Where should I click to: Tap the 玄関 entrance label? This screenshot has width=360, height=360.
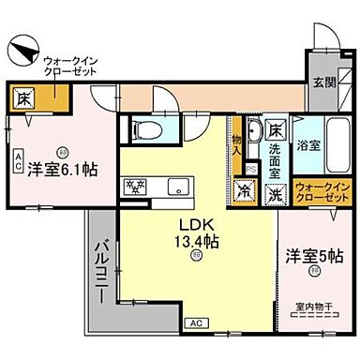coord(323,82)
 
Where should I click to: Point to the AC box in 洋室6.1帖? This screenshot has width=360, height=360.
coord(18,160)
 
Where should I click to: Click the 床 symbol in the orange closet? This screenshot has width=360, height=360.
coord(20,97)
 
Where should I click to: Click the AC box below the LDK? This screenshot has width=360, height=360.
coord(196,323)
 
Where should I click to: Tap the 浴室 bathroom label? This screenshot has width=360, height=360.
coord(309,146)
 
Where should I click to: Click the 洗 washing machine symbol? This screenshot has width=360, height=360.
coord(276,194)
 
